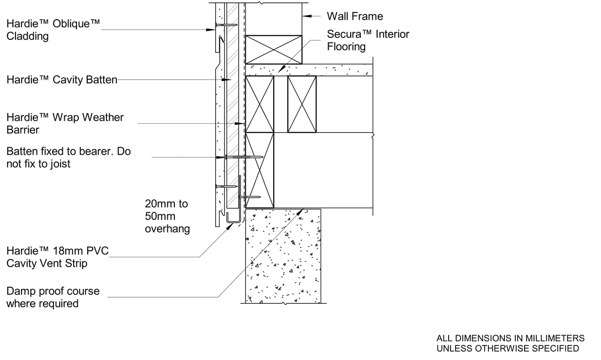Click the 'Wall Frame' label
pyautogui.click(x=354, y=16)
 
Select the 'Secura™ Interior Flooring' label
pyautogui.click(x=368, y=40)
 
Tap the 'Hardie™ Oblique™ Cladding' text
pyautogui.click(x=53, y=30)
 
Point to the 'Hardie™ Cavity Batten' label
pyautogui.click(x=61, y=80)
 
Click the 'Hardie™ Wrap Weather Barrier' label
pyautogui.click(x=65, y=123)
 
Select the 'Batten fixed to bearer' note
pyautogui.click(x=68, y=158)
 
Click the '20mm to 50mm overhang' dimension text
pyautogui.click(x=167, y=216)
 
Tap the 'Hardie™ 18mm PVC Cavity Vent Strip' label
pyautogui.click(x=57, y=257)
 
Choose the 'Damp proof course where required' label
pyautogui.click(x=53, y=297)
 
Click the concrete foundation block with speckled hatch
pyautogui.click(x=283, y=255)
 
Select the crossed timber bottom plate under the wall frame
pyautogui.click(x=274, y=49)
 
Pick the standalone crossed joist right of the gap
pyautogui.click(x=302, y=104)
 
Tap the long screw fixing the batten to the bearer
pyautogui.click(x=244, y=157)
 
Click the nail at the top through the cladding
pyautogui.click(x=226, y=24)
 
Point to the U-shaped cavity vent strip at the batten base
pyautogui.click(x=233, y=218)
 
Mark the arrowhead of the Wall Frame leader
pyautogui.click(x=305, y=16)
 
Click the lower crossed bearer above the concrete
pyautogui.click(x=260, y=170)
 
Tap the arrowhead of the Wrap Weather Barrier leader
pyautogui.click(x=242, y=124)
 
